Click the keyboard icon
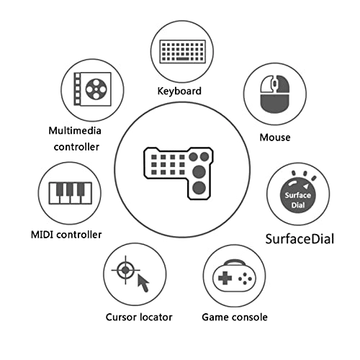[183, 52]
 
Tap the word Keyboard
[179, 91]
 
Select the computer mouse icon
[275, 94]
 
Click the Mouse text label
[275, 138]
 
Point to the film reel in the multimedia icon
[96, 89]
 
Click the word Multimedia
[75, 131]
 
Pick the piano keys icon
[71, 193]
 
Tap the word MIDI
[42, 235]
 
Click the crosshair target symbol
[125, 270]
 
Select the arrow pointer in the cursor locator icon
[143, 283]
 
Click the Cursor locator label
[139, 318]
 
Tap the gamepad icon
[235, 276]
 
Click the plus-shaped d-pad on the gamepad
[225, 278]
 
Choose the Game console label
[235, 318]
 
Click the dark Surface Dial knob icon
[298, 195]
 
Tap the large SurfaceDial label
[300, 239]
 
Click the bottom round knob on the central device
[199, 188]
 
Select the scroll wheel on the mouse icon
[275, 84]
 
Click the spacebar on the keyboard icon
[182, 58]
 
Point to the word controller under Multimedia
[76, 147]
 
